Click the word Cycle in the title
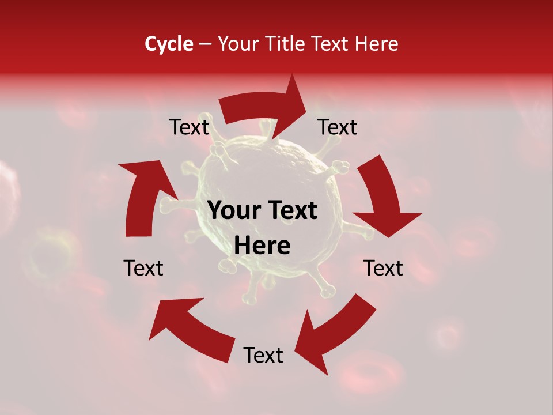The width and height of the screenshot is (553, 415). (x=169, y=44)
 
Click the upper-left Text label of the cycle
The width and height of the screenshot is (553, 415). (x=189, y=127)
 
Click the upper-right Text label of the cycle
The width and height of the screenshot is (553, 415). (x=338, y=127)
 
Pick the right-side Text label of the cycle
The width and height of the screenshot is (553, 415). (x=383, y=268)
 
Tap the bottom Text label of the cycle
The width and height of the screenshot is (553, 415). (x=263, y=355)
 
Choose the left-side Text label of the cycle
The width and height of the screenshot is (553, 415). (x=143, y=268)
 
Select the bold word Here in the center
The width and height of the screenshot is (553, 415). (x=262, y=246)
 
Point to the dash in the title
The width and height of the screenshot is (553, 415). (x=204, y=44)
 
